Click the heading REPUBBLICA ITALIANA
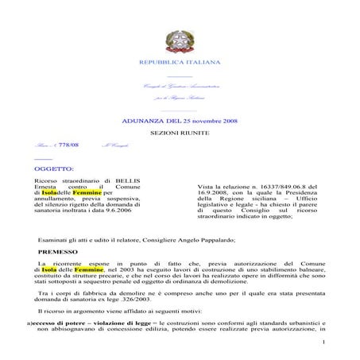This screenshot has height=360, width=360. tap(180, 61)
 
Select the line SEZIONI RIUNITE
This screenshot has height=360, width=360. tap(180, 134)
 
